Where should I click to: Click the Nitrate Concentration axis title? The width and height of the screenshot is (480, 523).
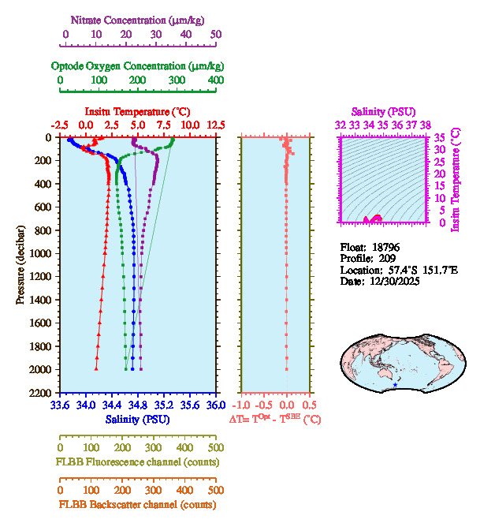pos(140,18)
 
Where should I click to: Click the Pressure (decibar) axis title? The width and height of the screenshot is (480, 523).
pos(20,265)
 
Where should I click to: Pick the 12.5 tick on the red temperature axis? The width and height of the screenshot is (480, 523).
pos(215,125)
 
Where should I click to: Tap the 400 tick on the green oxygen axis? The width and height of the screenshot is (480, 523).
pos(215,80)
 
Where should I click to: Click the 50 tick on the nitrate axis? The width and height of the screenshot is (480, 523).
pos(216,34)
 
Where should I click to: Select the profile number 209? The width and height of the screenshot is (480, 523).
pos(385,258)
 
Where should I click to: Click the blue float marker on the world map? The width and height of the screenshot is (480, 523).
pos(395,384)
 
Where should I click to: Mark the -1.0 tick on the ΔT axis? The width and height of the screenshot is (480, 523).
pos(243,406)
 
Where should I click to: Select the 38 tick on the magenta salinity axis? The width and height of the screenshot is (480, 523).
pos(426,125)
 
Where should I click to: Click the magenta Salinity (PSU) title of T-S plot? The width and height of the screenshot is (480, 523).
pos(383,111)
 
